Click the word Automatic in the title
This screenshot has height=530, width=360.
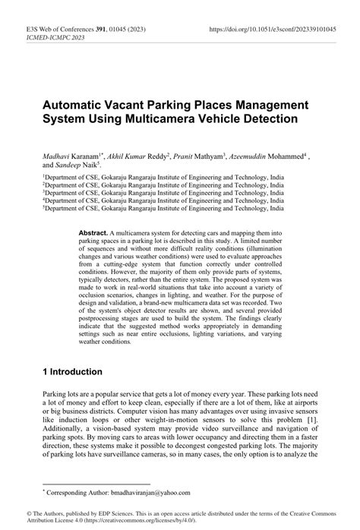[75, 103]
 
